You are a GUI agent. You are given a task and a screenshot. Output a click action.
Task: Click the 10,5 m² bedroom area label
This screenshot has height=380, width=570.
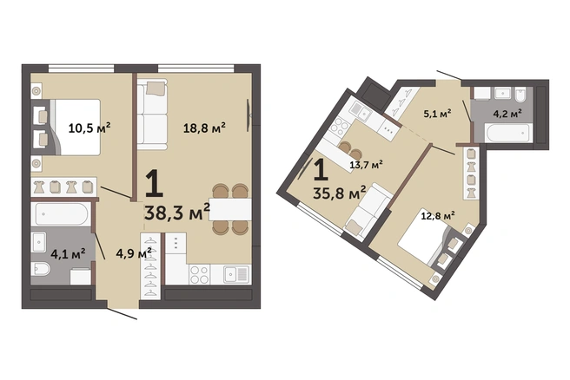click(89, 128)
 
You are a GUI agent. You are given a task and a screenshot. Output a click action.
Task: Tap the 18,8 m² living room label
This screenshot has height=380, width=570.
click(204, 128)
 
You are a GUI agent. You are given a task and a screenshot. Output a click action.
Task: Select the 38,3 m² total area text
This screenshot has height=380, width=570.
click(177, 213)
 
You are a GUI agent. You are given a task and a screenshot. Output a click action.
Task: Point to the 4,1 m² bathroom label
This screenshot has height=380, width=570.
click(69, 253)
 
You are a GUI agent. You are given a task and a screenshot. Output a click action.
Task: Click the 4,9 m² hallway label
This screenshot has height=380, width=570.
click(134, 253)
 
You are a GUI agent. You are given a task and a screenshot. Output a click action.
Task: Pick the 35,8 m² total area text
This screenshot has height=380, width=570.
click(339, 193)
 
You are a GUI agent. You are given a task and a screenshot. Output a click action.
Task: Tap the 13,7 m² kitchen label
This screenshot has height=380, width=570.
click(366, 165)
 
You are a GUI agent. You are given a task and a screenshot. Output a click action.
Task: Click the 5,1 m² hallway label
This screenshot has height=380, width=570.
click(437, 114)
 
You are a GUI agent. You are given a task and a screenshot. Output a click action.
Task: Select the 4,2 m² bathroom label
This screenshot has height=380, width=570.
click(507, 114)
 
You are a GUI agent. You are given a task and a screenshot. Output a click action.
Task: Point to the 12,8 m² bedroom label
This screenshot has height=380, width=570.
click(438, 216)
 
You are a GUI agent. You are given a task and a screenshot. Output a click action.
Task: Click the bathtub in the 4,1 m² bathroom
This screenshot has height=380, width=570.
click(61, 214)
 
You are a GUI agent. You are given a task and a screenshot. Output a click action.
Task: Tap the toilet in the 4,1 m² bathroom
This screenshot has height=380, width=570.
click(41, 269)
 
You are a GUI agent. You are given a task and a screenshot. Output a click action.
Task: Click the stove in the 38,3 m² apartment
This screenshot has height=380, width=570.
click(200, 274)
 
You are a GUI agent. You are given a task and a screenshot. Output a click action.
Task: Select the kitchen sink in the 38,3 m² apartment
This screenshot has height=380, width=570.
click(236, 274)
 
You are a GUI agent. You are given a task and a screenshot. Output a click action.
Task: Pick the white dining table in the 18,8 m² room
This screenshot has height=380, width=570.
click(230, 209)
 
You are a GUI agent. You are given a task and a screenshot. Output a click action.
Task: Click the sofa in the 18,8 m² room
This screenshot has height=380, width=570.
click(152, 115)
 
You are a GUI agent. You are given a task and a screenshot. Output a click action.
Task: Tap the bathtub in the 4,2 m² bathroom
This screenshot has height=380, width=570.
click(508, 133)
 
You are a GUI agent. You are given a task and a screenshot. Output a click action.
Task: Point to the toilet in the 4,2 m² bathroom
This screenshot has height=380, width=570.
click(520, 94)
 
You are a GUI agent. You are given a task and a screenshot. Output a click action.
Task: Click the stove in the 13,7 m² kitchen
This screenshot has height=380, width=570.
click(339, 127)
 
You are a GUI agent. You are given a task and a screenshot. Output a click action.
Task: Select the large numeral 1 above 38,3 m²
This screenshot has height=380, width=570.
click(154, 184)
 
